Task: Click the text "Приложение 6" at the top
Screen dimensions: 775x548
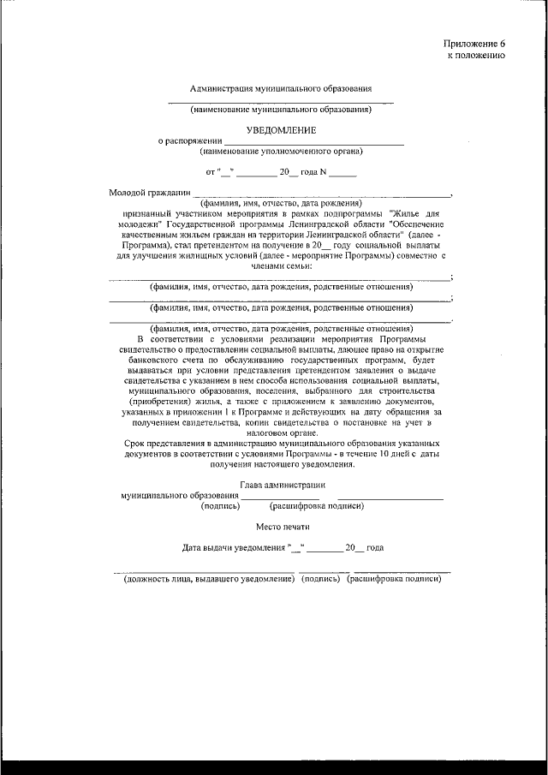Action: coord(474,44)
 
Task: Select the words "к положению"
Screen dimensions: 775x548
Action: coord(476,55)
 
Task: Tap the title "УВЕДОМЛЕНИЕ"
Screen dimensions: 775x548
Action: coord(281,130)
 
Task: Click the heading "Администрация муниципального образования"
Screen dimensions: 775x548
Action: coord(280,88)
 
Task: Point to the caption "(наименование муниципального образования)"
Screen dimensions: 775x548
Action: coord(281,110)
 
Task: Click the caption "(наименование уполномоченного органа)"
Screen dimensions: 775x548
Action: coord(281,152)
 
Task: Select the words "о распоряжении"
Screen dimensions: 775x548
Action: coord(190,141)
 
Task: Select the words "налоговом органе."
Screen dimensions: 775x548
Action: coord(281,432)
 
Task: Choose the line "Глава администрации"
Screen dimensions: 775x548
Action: coord(281,485)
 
